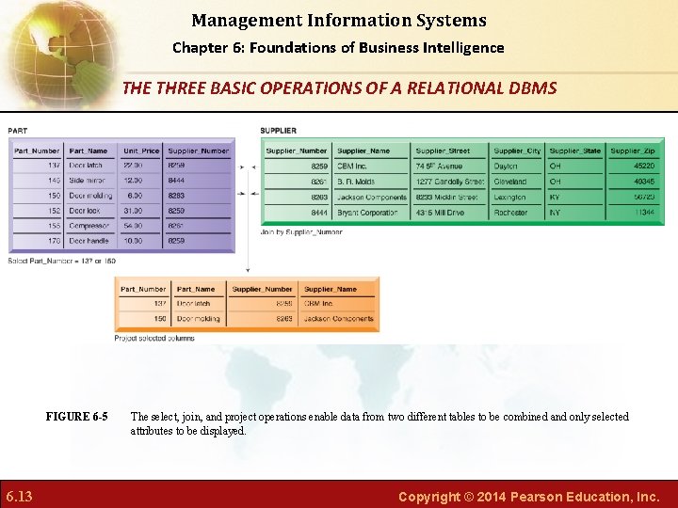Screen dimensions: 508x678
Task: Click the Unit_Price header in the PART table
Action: pyautogui.click(x=141, y=151)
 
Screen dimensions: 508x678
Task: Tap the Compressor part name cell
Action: pyautogui.click(x=89, y=226)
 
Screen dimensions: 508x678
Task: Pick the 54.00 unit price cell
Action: pyautogui.click(x=134, y=226)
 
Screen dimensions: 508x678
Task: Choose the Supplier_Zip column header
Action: pyautogui.click(x=632, y=151)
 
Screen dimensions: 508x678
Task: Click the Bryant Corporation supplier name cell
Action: pyautogui.click(x=367, y=213)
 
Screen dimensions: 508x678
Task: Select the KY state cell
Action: pyautogui.click(x=556, y=198)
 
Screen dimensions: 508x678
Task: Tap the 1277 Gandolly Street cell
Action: pyautogui.click(x=449, y=182)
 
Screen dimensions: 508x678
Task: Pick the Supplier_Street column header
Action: pyautogui.click(x=443, y=151)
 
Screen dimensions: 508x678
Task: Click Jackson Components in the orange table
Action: pyautogui.click(x=338, y=319)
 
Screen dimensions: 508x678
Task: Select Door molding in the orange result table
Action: pyautogui.click(x=198, y=319)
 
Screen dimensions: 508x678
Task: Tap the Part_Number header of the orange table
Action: pyautogui.click(x=143, y=290)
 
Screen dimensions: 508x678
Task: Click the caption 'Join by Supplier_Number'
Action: pyautogui.click(x=301, y=232)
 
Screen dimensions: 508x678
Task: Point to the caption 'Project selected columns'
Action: pyautogui.click(x=154, y=338)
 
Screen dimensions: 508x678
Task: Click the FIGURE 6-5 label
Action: pyautogui.click(x=76, y=417)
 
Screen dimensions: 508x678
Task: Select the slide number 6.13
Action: pyautogui.click(x=19, y=496)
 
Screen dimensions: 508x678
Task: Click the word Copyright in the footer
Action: pyautogui.click(x=428, y=496)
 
